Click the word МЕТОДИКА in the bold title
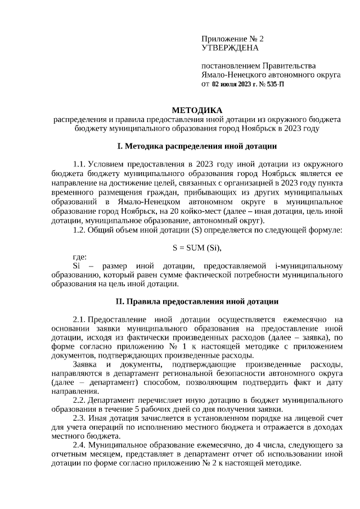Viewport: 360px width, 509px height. coord(196,110)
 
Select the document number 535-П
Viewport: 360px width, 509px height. coord(273,84)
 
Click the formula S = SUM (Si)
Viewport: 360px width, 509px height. coord(196,248)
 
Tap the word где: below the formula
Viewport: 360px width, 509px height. coord(80,256)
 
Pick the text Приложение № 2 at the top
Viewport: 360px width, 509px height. coord(232,39)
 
